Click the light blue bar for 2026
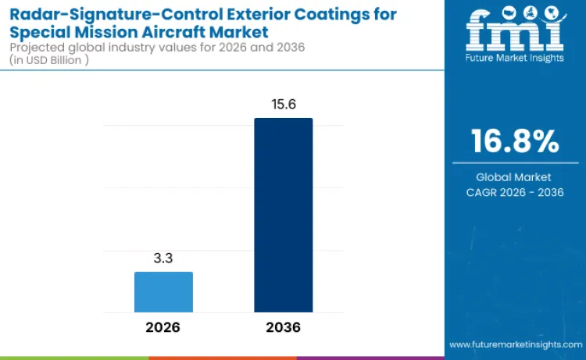coord(163,292)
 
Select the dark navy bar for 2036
coord(283,216)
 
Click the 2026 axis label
coord(163,327)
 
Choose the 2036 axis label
coord(283,327)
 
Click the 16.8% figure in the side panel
coord(514,141)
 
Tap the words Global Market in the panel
coord(514,177)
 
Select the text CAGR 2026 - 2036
coord(514,192)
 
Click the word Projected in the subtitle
coord(34,48)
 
